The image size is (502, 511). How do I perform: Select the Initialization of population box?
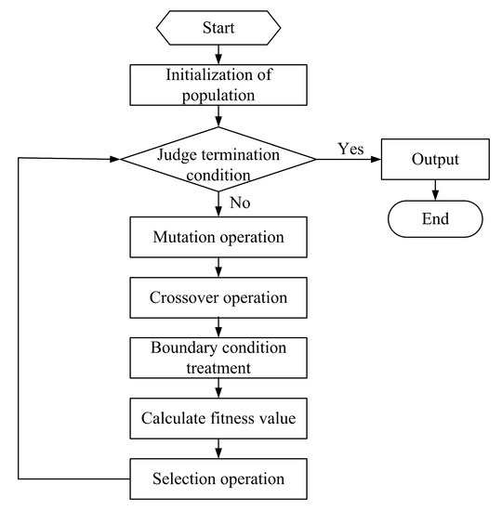218,85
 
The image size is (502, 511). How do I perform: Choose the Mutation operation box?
218,239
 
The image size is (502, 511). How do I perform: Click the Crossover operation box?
218,298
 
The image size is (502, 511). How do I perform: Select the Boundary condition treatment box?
218,359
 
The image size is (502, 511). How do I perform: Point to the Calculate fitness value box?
218,419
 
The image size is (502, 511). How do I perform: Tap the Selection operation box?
218,478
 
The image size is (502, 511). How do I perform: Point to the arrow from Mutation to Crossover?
218,269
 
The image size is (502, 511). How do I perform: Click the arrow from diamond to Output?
349,159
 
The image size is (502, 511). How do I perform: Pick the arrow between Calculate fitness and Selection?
218,449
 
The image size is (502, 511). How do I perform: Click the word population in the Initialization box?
218,94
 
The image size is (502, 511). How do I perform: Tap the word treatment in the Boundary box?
218,368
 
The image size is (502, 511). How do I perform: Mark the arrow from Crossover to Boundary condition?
218,328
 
